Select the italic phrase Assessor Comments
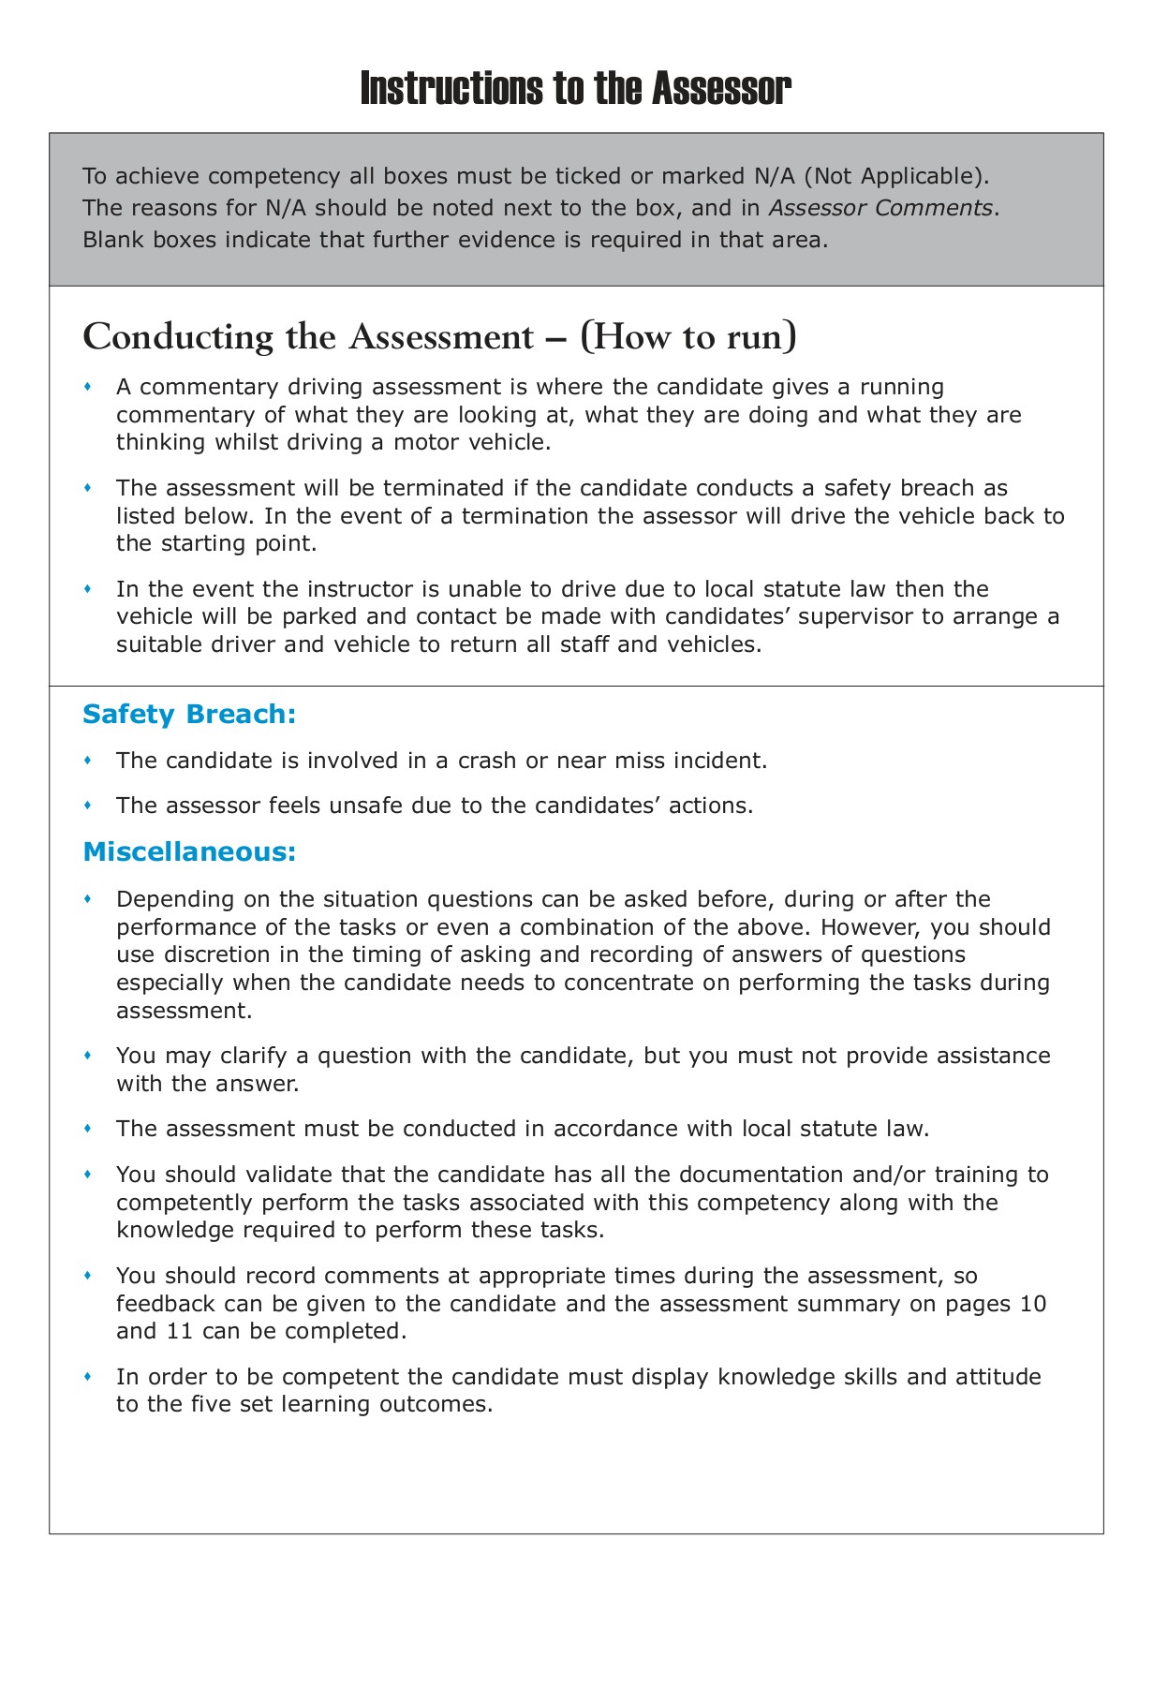coord(880,208)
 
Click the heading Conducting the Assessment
coord(308,336)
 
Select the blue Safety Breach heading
coord(189,715)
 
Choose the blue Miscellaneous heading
coord(189,852)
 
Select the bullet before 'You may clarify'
coord(88,1056)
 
